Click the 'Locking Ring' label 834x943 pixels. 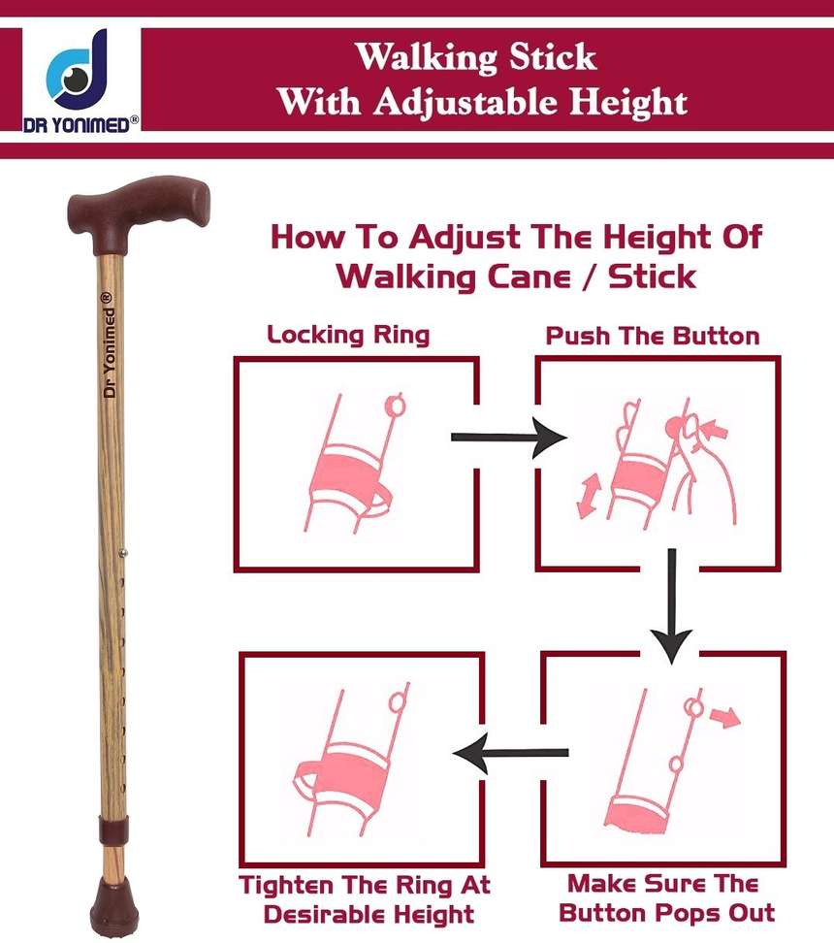(x=348, y=336)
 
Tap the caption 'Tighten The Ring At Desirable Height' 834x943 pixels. (x=365, y=899)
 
